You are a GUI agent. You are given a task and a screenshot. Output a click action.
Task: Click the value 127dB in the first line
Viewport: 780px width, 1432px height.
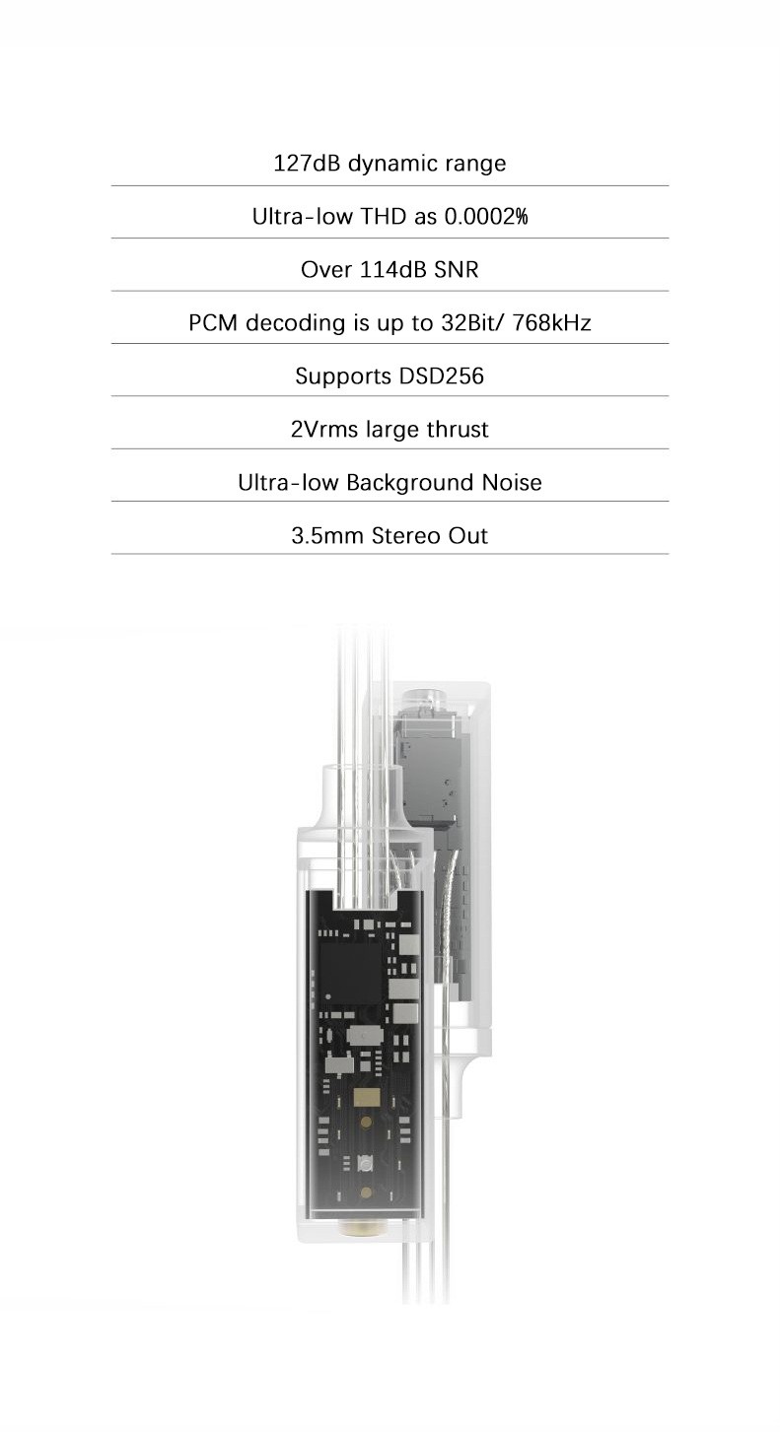click(306, 164)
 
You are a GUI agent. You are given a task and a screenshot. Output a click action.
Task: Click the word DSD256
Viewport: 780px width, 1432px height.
click(441, 376)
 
